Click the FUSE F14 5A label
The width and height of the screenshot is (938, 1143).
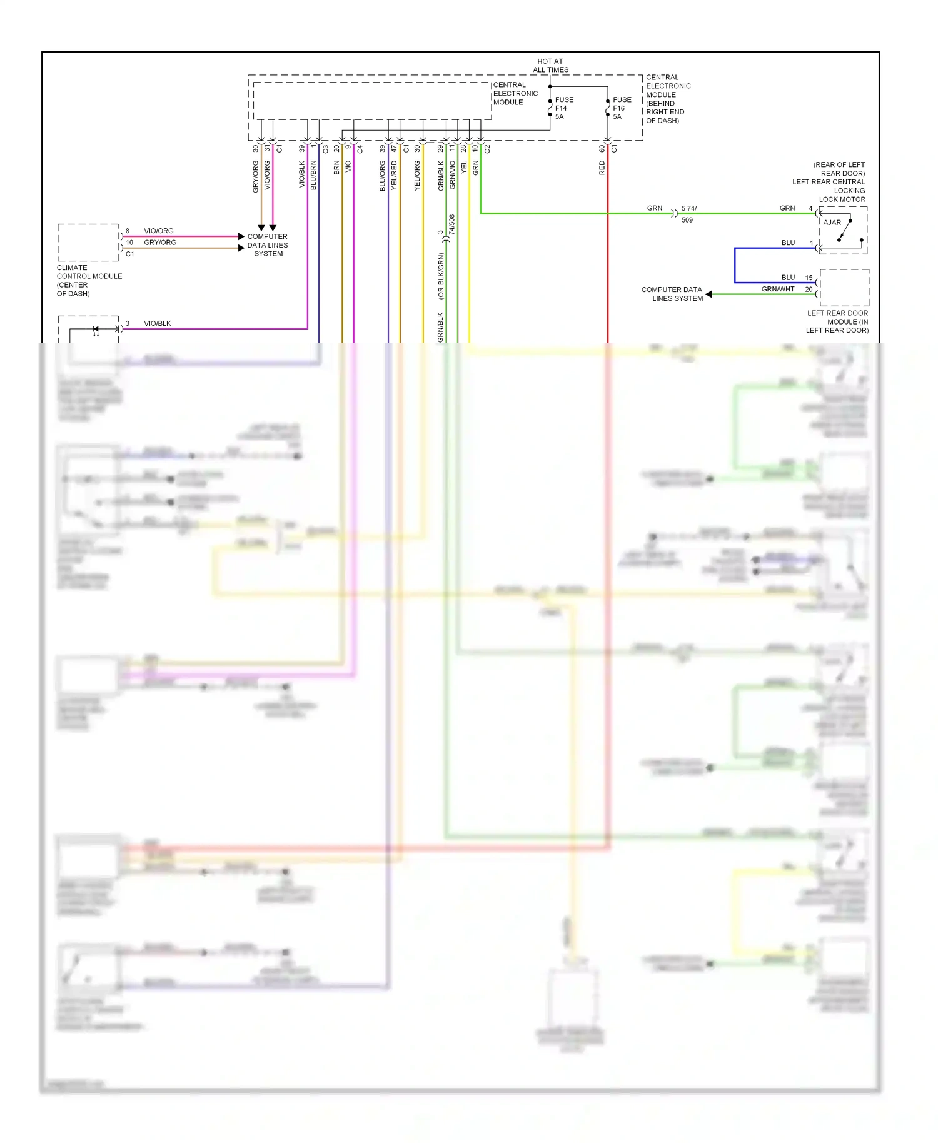[563, 108]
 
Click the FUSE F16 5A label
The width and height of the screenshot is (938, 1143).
[622, 108]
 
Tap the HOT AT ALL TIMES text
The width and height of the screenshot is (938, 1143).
[550, 66]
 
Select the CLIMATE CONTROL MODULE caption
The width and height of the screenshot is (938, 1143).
[89, 280]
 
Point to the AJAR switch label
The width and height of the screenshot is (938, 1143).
[832, 223]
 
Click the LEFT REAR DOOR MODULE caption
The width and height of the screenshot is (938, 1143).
[837, 321]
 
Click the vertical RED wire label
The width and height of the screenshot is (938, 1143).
[602, 168]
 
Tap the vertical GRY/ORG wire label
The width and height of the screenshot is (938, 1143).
[255, 176]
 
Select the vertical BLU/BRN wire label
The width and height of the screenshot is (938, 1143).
[313, 176]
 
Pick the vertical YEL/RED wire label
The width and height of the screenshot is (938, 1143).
[394, 176]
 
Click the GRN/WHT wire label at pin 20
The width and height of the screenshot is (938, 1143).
[777, 289]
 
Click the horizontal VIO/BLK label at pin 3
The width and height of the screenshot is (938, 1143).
[157, 323]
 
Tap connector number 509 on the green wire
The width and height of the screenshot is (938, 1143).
[687, 220]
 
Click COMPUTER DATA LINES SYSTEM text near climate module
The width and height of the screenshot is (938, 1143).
[268, 245]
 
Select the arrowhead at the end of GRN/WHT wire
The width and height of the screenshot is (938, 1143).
[709, 294]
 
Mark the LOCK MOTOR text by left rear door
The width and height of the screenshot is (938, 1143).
[842, 199]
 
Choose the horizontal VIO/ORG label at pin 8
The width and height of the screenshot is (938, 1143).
[158, 231]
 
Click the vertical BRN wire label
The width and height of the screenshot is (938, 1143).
[336, 168]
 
